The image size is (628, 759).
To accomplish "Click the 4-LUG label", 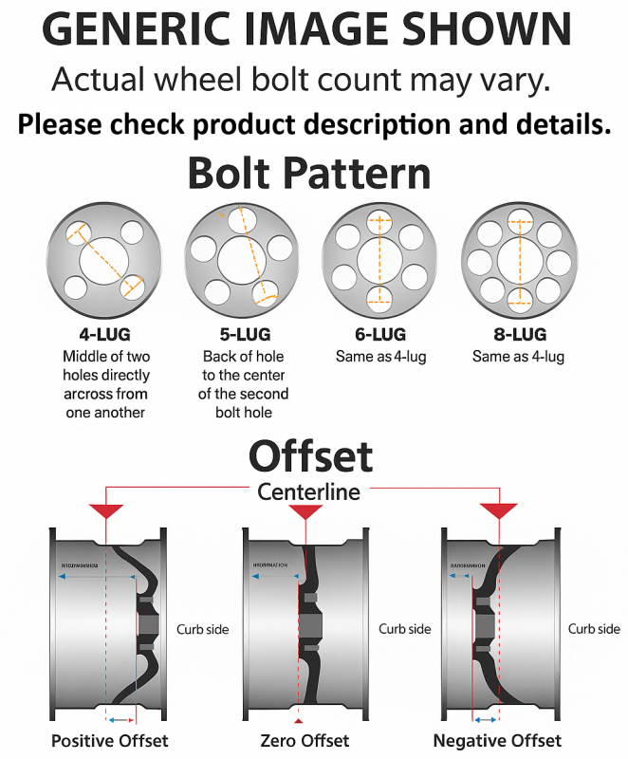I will pyautogui.click(x=104, y=334).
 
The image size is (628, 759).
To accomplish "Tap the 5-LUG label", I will pyautogui.click(x=243, y=334).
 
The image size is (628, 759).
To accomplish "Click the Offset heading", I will pyautogui.click(x=310, y=457).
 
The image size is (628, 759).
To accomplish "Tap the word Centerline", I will pyautogui.click(x=308, y=492).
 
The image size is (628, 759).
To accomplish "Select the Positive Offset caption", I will pyautogui.click(x=109, y=740).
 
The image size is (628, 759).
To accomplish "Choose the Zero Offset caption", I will pyautogui.click(x=304, y=740).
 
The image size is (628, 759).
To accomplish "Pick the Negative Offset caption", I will pyautogui.click(x=497, y=740).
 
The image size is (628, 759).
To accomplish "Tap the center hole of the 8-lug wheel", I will pyautogui.click(x=518, y=259).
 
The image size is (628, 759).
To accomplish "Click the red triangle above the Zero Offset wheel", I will pyautogui.click(x=305, y=512).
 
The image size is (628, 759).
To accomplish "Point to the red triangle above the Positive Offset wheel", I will pyautogui.click(x=105, y=512).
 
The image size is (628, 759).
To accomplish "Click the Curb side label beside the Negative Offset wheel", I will pyautogui.click(x=594, y=629).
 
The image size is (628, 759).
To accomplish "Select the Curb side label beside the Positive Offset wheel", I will pyautogui.click(x=202, y=629).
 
